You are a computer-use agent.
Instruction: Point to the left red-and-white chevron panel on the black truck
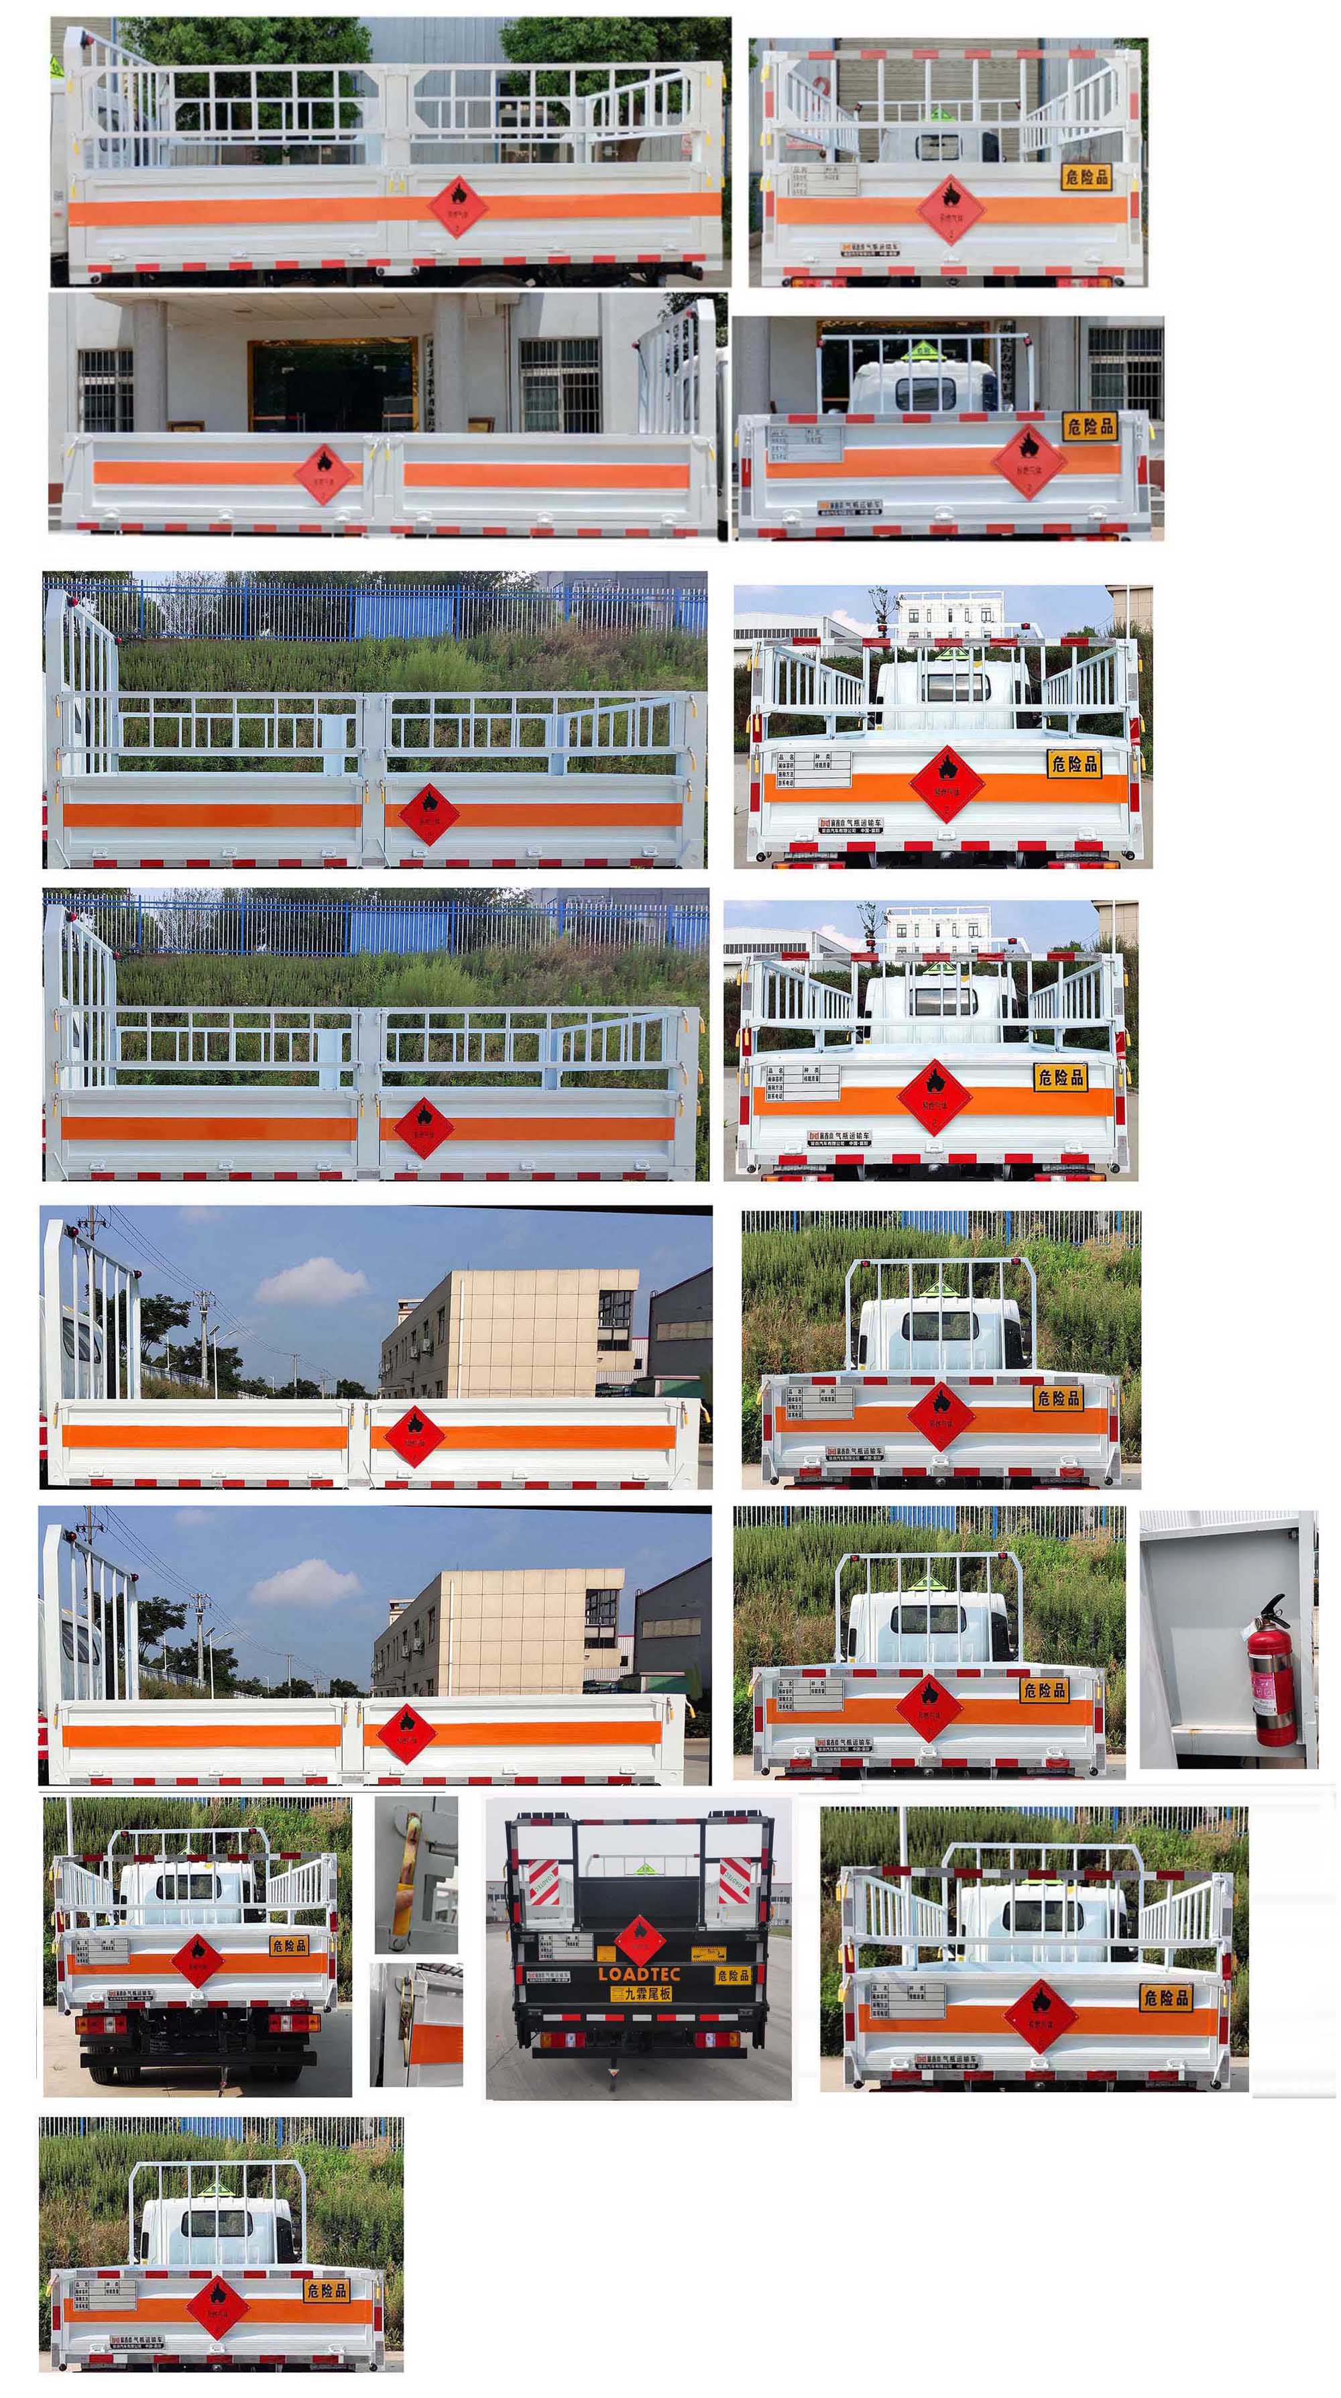540,1882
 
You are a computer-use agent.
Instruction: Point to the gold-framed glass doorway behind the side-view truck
332,384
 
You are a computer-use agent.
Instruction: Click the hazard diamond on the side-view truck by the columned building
324,473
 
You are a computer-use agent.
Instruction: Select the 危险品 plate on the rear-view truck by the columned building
1089,427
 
